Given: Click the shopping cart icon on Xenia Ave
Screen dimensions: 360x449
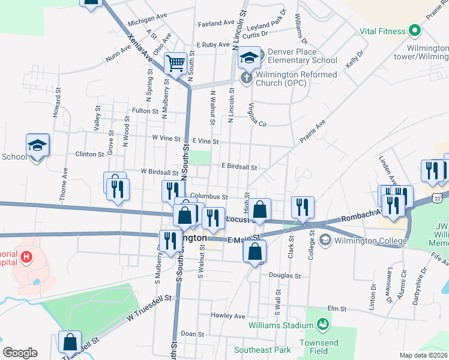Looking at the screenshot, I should click(175, 62).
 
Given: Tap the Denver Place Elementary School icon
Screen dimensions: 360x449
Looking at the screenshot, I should click(249, 58).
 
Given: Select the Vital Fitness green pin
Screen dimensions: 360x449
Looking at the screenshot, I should click(414, 31).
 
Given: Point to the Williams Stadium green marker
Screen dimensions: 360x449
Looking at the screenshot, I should click(324, 325).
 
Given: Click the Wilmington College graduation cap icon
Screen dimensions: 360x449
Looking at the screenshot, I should click(325, 241).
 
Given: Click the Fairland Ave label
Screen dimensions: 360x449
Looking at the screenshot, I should click(216, 23).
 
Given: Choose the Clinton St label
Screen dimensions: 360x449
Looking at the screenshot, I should click(89, 154).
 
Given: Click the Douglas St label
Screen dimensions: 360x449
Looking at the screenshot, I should click(285, 275).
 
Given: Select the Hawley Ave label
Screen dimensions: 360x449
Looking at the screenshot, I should click(228, 316).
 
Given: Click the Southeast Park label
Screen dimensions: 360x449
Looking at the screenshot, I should click(262, 350).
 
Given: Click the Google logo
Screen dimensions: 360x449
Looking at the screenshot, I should click(20, 353).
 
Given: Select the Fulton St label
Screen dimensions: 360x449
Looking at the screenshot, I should click(145, 111).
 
